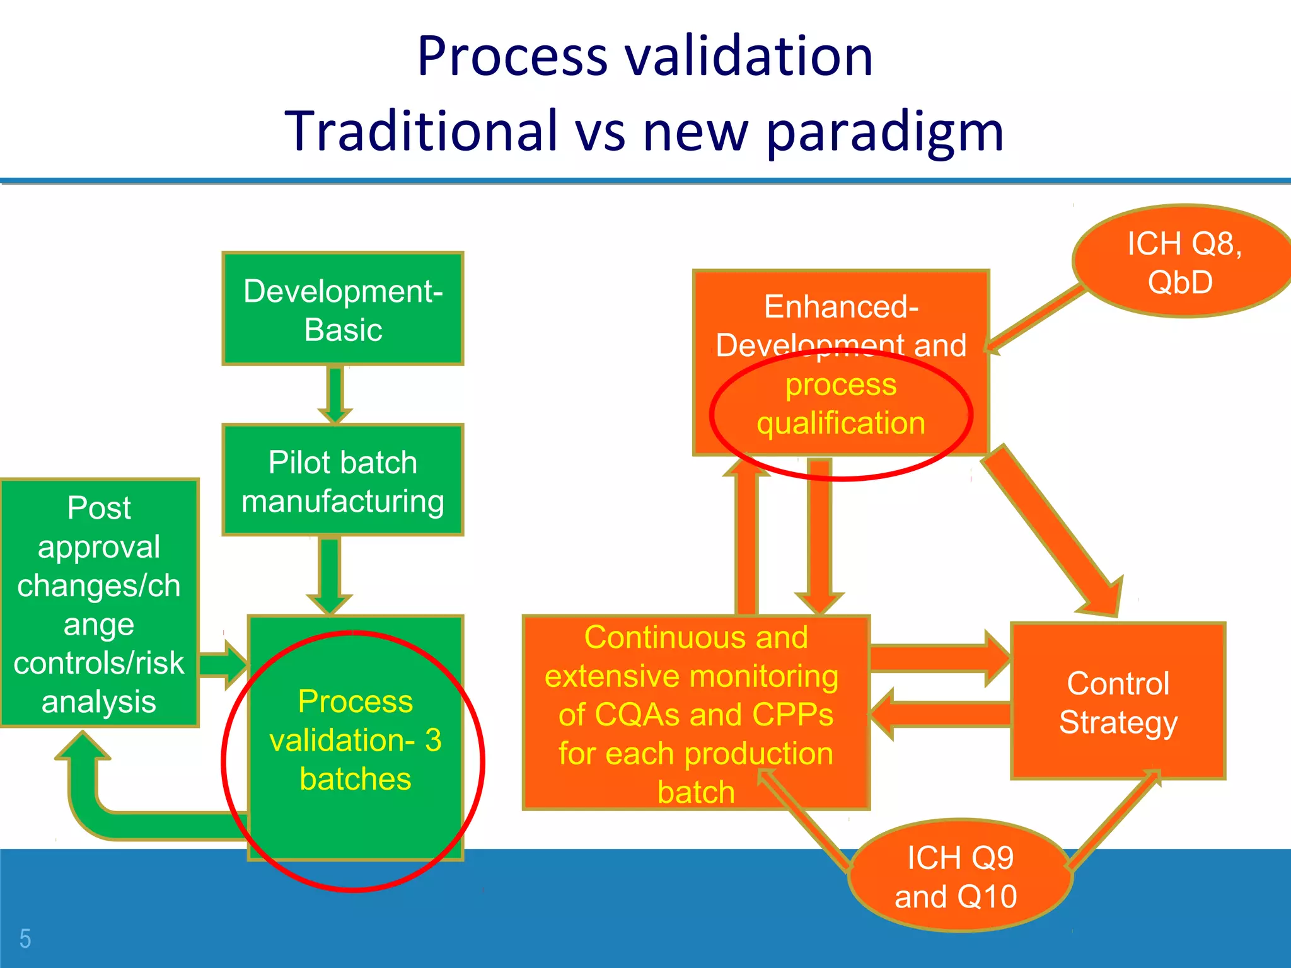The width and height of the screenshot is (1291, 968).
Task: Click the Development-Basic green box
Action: [x=343, y=309]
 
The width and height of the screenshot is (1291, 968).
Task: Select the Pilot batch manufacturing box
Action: [x=343, y=480]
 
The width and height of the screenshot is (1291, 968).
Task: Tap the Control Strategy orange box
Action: [x=1118, y=701]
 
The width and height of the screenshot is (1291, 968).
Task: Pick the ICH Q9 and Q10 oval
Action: [x=959, y=876]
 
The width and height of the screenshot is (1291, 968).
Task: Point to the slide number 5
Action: [x=25, y=938]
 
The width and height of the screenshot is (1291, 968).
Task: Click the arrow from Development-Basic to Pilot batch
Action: [x=335, y=393]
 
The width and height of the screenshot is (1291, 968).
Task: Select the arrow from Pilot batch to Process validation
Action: [x=330, y=573]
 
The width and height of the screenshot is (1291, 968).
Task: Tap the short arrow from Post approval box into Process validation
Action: [x=224, y=665]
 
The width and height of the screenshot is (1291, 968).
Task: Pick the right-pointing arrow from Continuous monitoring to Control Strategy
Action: [x=939, y=659]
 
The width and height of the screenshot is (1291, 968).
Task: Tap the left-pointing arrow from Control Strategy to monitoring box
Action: [x=939, y=714]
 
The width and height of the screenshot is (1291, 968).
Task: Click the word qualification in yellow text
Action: [x=841, y=423]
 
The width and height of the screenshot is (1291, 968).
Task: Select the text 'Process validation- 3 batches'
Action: [x=356, y=740]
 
